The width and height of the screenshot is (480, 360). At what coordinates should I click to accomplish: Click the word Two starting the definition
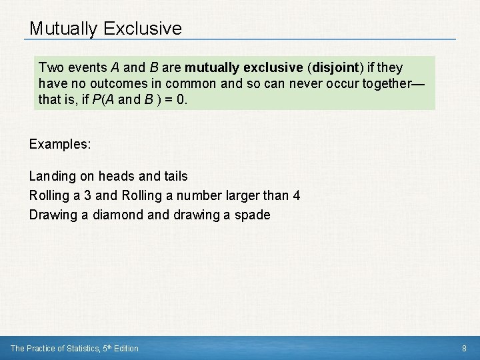[x=51, y=68]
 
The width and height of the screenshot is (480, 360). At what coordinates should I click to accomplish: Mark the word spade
[x=253, y=215]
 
